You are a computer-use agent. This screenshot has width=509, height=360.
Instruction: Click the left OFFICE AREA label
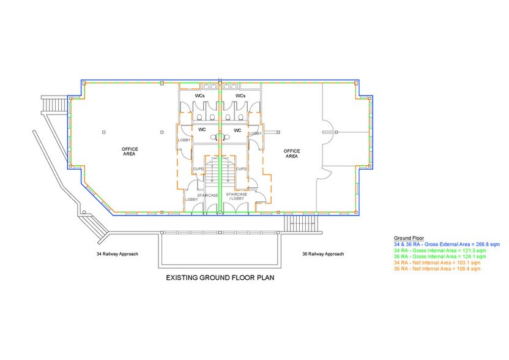[129, 151]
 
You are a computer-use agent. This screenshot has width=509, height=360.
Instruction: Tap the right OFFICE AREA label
[291, 153]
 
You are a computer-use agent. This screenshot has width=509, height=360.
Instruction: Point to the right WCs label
[240, 96]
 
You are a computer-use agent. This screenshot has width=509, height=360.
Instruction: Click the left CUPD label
[198, 169]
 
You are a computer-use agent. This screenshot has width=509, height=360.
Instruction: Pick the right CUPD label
[241, 169]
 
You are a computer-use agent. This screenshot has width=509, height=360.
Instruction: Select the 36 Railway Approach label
[323, 254]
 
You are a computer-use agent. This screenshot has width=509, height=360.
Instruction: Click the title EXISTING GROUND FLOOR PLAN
[220, 277]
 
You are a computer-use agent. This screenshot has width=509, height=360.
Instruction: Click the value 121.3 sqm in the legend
[475, 250]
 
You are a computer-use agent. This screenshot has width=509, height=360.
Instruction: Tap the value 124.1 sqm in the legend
[475, 257]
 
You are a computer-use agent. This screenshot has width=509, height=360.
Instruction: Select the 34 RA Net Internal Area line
[437, 263]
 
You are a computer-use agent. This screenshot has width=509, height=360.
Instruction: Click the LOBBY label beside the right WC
[255, 133]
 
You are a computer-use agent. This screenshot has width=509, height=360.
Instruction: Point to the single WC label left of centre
[202, 130]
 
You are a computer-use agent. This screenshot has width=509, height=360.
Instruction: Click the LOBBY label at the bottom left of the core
[191, 200]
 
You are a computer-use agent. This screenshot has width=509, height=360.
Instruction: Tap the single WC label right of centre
[237, 130]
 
